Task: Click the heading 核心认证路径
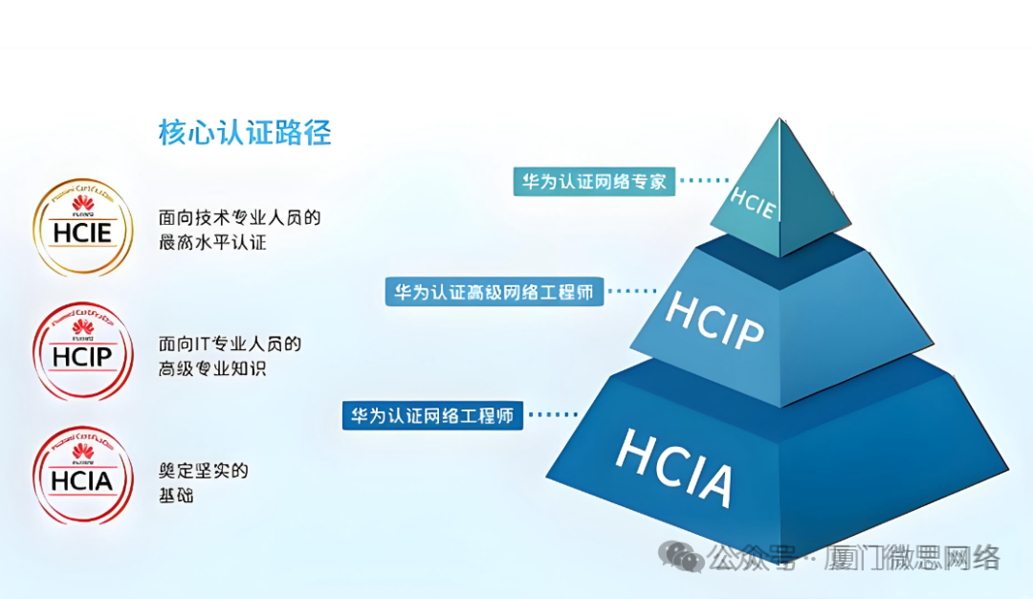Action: tap(245, 133)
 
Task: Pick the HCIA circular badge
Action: tap(83, 477)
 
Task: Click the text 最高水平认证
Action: tap(212, 243)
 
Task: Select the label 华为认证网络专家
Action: tap(594, 181)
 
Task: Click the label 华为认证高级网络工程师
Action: tap(495, 292)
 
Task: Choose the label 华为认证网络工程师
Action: tap(432, 415)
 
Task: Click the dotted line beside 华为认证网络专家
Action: tap(704, 179)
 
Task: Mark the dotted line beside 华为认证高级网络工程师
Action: tap(630, 290)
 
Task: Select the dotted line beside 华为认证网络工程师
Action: tap(552, 414)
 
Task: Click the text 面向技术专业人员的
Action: tap(239, 218)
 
